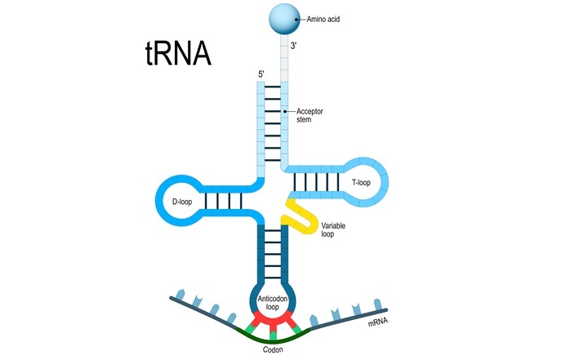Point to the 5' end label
[x=261, y=75]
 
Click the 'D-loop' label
[x=181, y=199]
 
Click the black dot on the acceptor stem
[x=285, y=110]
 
